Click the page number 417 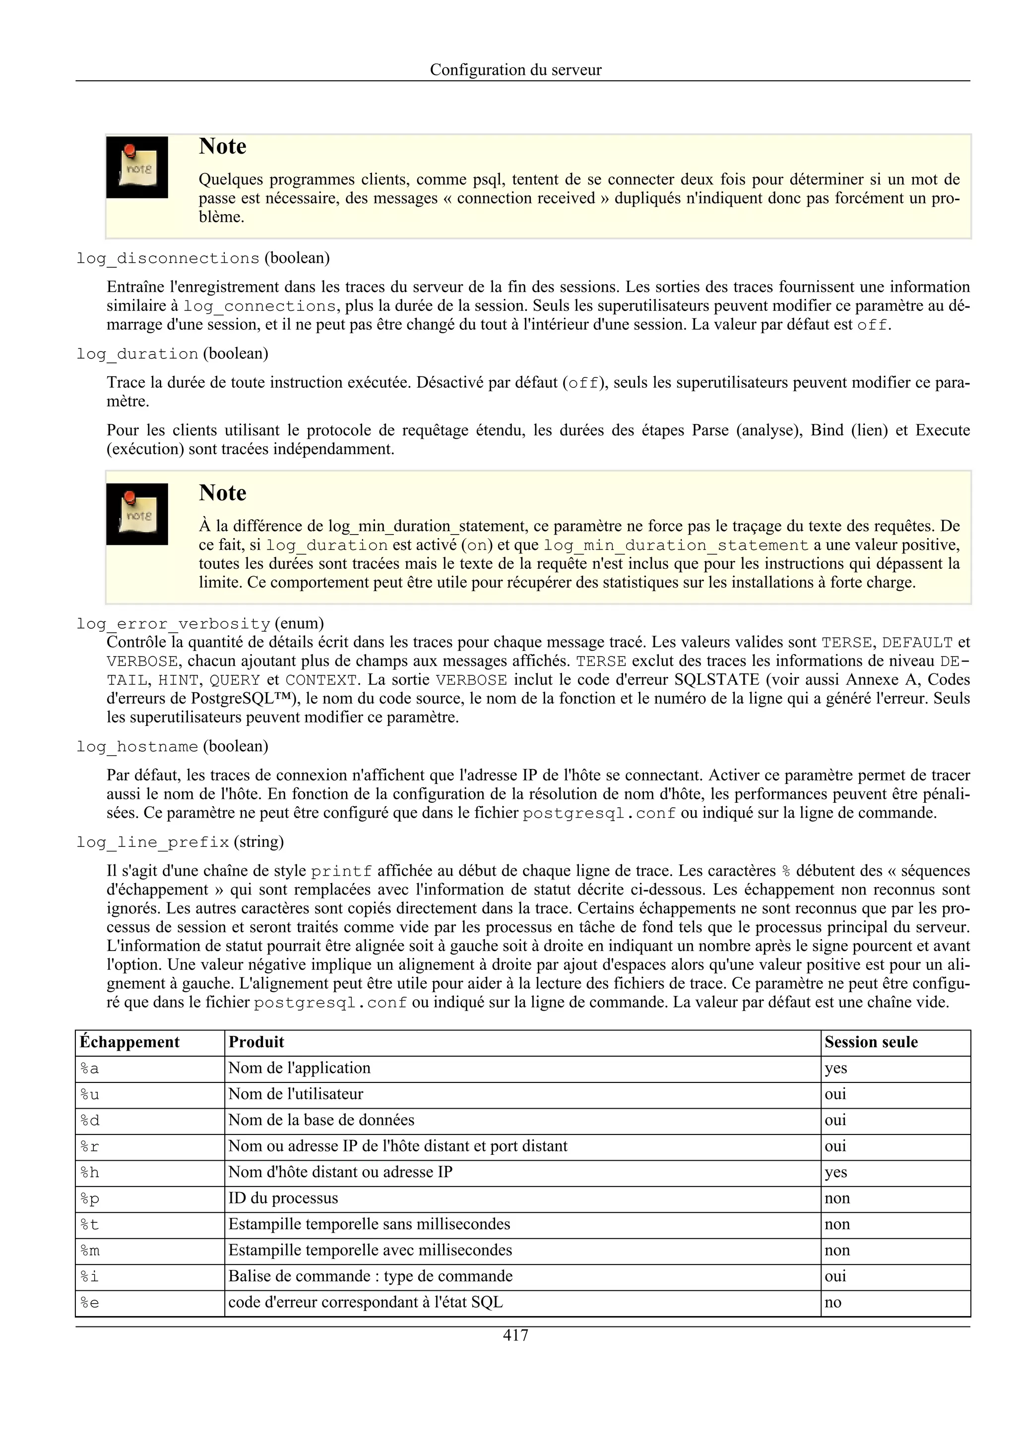(x=515, y=1336)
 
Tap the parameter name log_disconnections (x=168, y=258)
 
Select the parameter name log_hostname (x=137, y=747)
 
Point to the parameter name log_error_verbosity (x=174, y=624)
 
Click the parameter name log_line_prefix (x=153, y=842)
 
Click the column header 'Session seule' (x=871, y=1042)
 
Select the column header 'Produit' (x=256, y=1042)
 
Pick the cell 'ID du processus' (x=283, y=1198)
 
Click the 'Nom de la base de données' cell (x=321, y=1120)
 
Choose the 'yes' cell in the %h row (x=836, y=1172)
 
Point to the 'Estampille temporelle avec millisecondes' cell (x=370, y=1250)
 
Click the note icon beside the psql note (x=137, y=167)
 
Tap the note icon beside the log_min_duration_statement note (x=137, y=514)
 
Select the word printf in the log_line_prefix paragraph (x=341, y=871)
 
